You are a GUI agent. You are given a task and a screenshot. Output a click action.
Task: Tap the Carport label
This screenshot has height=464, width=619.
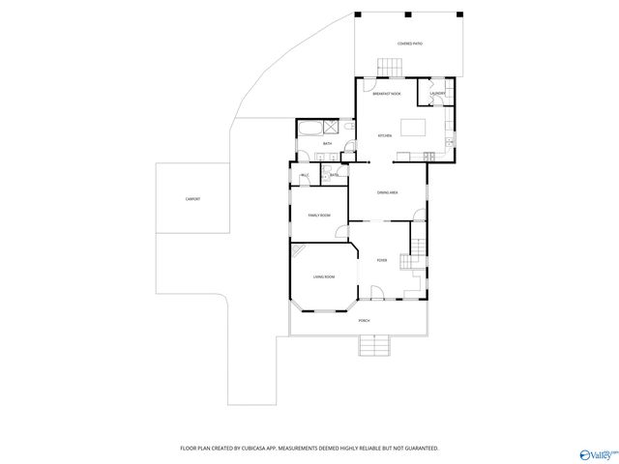pyautogui.click(x=192, y=199)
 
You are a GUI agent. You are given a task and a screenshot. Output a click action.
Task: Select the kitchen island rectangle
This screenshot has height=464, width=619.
pyautogui.click(x=414, y=127)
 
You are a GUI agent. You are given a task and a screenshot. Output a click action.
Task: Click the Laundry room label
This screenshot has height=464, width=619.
pyautogui.click(x=437, y=94)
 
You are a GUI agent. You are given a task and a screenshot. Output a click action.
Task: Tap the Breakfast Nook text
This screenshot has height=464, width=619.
pyautogui.click(x=388, y=94)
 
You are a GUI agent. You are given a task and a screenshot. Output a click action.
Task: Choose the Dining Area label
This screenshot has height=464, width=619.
pyautogui.click(x=388, y=192)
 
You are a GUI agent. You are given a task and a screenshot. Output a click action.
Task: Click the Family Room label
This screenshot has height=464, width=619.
pyautogui.click(x=319, y=215)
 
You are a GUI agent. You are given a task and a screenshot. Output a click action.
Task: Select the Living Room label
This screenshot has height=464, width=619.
pyautogui.click(x=323, y=277)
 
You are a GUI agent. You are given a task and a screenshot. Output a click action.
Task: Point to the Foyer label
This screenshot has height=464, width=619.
pyautogui.click(x=382, y=260)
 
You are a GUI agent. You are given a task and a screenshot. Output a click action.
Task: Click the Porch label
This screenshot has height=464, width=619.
pyautogui.click(x=364, y=320)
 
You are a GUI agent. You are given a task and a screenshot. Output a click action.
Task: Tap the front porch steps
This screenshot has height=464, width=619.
pyautogui.click(x=373, y=345)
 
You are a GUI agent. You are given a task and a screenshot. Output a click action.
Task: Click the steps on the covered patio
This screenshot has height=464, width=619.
pyautogui.click(x=390, y=66)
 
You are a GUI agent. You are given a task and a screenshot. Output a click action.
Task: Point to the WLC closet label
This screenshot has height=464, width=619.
pyautogui.click(x=305, y=175)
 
